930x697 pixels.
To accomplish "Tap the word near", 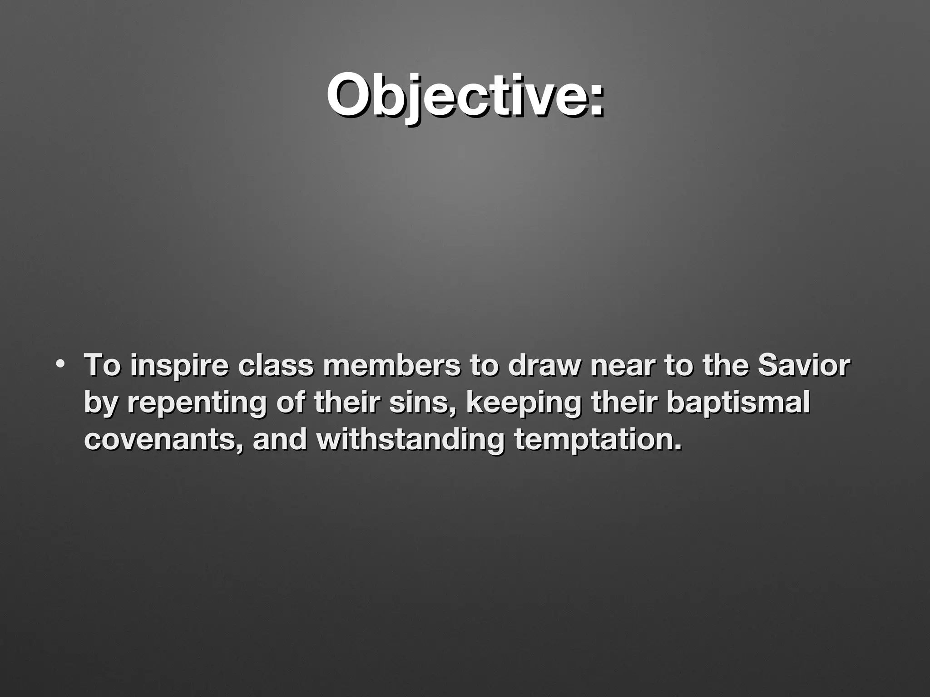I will [623, 367].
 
